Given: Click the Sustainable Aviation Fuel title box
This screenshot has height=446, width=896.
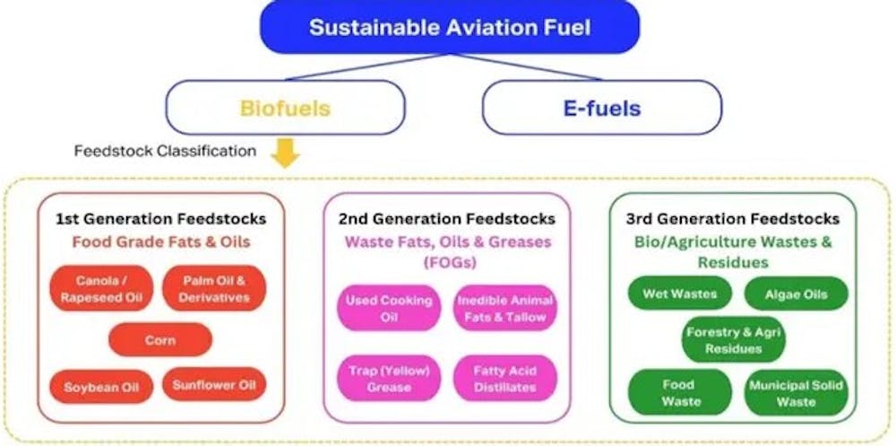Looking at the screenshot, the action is point(450,27).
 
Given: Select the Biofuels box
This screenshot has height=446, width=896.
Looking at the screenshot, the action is point(285,108).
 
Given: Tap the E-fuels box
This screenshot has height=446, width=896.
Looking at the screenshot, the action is point(602,108).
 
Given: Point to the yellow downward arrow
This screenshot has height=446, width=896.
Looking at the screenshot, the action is point(285,153).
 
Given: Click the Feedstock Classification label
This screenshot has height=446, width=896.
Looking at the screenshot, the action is point(165,151).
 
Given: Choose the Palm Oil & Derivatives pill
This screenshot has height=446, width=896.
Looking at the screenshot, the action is point(214,289).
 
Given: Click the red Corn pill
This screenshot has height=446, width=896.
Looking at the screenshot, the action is point(160,339).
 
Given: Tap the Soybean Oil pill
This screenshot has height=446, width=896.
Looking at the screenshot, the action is point(101,387).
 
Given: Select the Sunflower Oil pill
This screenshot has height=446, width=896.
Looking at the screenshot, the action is point(214,384).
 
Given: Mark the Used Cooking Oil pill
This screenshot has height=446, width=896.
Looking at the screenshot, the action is point(389,308).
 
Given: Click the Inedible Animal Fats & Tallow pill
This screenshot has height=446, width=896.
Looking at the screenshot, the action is point(505,308).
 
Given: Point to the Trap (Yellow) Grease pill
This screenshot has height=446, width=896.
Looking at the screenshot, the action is point(389,379).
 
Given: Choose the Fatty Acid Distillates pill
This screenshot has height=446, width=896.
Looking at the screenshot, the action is point(505,379).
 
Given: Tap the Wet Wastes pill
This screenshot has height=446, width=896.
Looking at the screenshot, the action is point(679,293).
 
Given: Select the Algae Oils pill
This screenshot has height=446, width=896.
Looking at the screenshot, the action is point(796,294).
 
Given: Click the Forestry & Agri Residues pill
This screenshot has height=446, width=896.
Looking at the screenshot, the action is point(733,339).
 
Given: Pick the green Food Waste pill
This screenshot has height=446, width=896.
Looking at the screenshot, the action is point(679,392).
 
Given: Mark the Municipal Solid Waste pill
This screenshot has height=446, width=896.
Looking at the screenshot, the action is point(796,392).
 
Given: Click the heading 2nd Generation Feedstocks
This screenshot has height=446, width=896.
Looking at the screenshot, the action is point(446,219).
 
